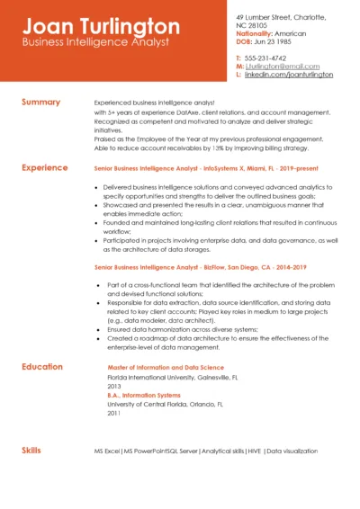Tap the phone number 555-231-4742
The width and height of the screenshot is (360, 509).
click(267, 57)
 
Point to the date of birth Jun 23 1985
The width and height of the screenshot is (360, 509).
click(274, 41)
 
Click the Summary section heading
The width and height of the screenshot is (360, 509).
click(40, 102)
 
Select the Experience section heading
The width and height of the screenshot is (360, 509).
click(45, 167)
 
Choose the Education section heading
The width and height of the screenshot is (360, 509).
click(42, 366)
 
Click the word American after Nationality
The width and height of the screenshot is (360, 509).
click(289, 33)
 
